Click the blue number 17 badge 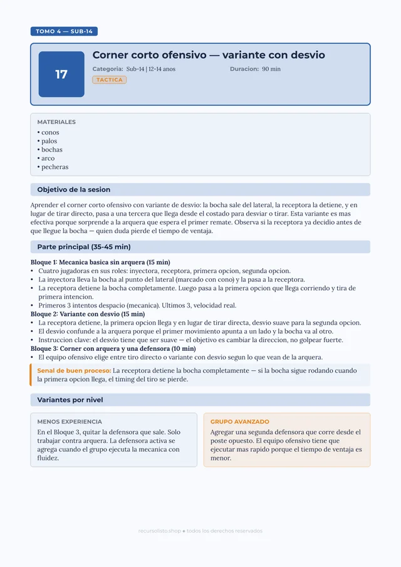[x=61, y=75]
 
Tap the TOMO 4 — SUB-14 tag [x=64, y=31]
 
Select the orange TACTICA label [x=110, y=80]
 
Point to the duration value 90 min [x=271, y=69]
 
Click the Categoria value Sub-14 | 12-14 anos [x=151, y=69]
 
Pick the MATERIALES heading [x=56, y=122]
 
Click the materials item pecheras [x=55, y=167]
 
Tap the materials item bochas [x=51, y=150]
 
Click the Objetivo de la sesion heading [x=74, y=190]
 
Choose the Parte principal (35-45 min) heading [x=84, y=247]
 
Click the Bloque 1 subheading [x=100, y=263]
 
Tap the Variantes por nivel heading [x=70, y=400]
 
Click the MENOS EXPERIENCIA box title [x=70, y=422]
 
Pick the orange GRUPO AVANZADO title [x=240, y=422]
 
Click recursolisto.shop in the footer [x=159, y=531]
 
